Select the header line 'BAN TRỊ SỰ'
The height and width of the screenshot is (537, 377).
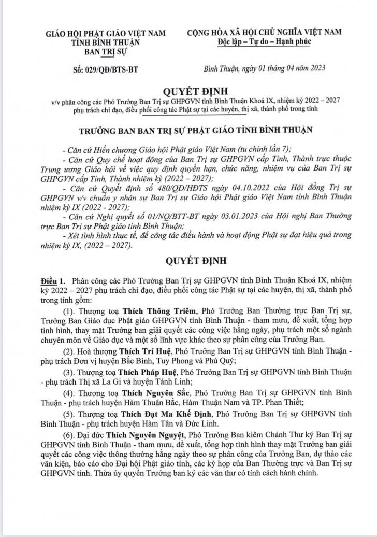pyautogui.click(x=107, y=51)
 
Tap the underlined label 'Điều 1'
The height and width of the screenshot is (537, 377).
pyautogui.click(x=53, y=280)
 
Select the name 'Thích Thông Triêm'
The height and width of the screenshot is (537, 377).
pyautogui.click(x=160, y=310)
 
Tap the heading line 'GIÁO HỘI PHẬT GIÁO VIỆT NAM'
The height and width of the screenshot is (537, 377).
pyautogui.click(x=106, y=33)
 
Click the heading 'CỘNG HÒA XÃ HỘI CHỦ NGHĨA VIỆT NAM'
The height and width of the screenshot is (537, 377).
pyautogui.click(x=264, y=32)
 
